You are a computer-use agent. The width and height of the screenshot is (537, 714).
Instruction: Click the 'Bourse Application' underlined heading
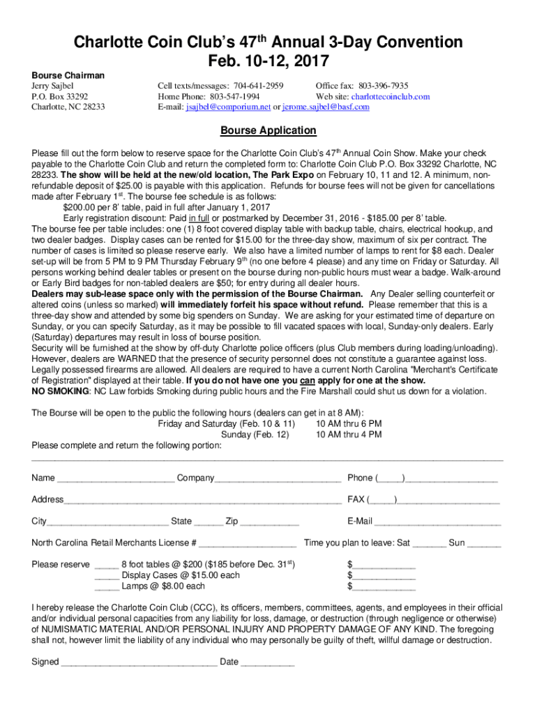(268, 130)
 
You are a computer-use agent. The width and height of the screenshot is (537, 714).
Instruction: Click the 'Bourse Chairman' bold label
(68, 75)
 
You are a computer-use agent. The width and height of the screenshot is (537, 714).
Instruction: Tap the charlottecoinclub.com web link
(390, 97)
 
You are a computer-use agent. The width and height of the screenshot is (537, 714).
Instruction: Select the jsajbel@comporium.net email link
(227, 107)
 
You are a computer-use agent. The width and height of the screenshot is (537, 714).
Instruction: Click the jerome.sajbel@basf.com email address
(326, 107)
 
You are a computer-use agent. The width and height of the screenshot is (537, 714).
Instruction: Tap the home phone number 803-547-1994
(236, 97)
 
